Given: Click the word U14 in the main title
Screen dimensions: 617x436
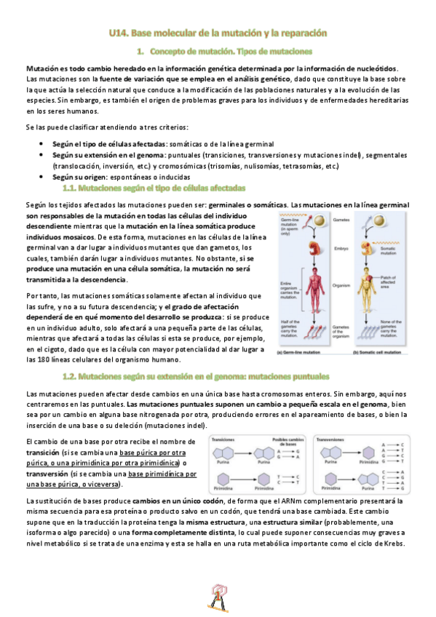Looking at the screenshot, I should [x=118, y=33].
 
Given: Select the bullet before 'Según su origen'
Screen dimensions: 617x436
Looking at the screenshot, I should [x=43, y=177].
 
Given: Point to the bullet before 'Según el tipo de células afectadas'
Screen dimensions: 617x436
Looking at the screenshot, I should [x=43, y=143].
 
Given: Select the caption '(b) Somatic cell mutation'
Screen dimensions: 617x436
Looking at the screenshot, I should [x=377, y=352].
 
